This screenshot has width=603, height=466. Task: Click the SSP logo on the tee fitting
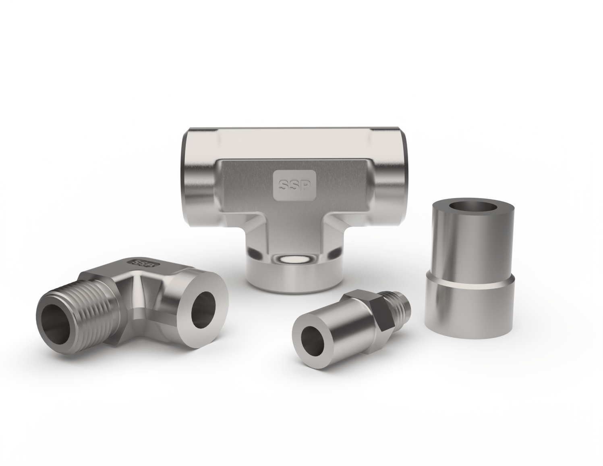click(294, 185)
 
